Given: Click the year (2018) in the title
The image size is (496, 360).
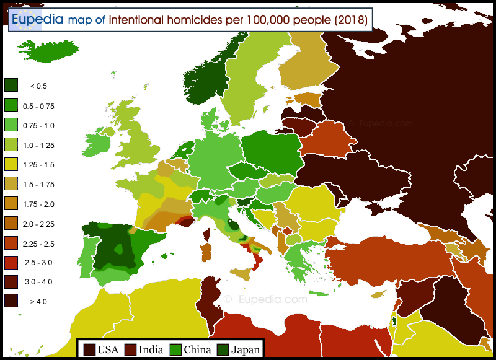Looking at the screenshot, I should tap(352, 20).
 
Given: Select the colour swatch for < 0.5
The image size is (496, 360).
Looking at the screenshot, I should tap(11, 86).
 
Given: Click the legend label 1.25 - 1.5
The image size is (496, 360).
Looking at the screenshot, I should tap(38, 164).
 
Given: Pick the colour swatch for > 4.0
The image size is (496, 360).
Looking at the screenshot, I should tap(11, 301).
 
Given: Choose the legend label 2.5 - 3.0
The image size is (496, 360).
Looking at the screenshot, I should tap(38, 262).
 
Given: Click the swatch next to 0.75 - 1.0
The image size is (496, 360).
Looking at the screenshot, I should tap(11, 125).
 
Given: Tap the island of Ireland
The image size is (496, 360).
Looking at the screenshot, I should tap(97, 144).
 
